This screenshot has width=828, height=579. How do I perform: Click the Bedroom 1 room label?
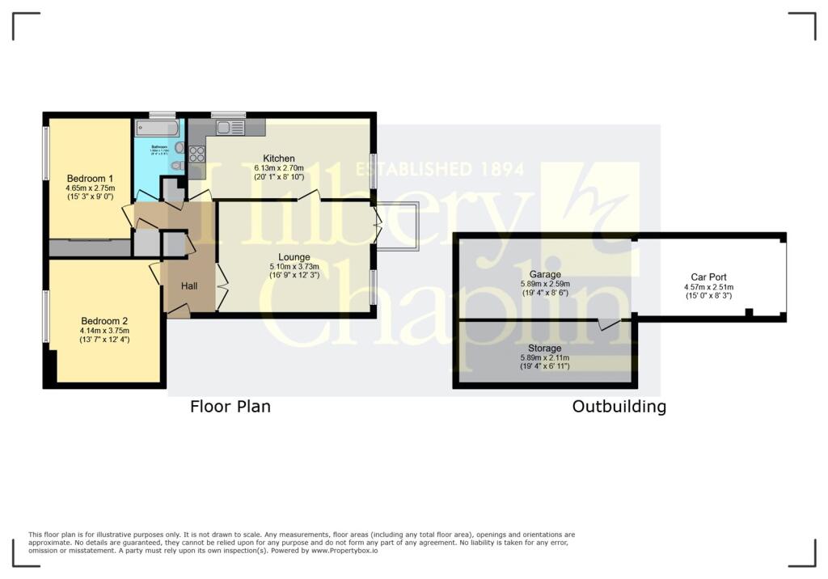tap(90, 178)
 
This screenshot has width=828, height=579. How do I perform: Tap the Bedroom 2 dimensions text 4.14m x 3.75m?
tap(104, 330)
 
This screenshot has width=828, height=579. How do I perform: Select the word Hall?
tap(189, 286)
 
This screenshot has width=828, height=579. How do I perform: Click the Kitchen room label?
tap(279, 158)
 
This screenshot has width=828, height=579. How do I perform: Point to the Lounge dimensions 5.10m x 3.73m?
tap(294, 266)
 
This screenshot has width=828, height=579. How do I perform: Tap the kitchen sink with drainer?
tap(230, 127)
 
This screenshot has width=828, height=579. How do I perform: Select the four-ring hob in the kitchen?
tap(196, 154)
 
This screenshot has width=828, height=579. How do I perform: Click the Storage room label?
tap(545, 348)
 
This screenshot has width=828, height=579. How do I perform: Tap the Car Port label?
tap(708, 277)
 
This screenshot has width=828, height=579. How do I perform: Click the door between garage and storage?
tap(609, 323)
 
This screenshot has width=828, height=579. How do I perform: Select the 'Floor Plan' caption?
tap(230, 407)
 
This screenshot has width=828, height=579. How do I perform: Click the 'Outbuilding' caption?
tap(619, 407)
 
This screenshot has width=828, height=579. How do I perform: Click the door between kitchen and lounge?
tap(309, 196)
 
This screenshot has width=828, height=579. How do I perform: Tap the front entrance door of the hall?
tap(179, 310)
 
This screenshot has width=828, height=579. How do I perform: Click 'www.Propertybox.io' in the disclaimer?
tap(345, 550)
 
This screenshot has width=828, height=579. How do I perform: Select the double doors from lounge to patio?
tap(377, 226)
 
